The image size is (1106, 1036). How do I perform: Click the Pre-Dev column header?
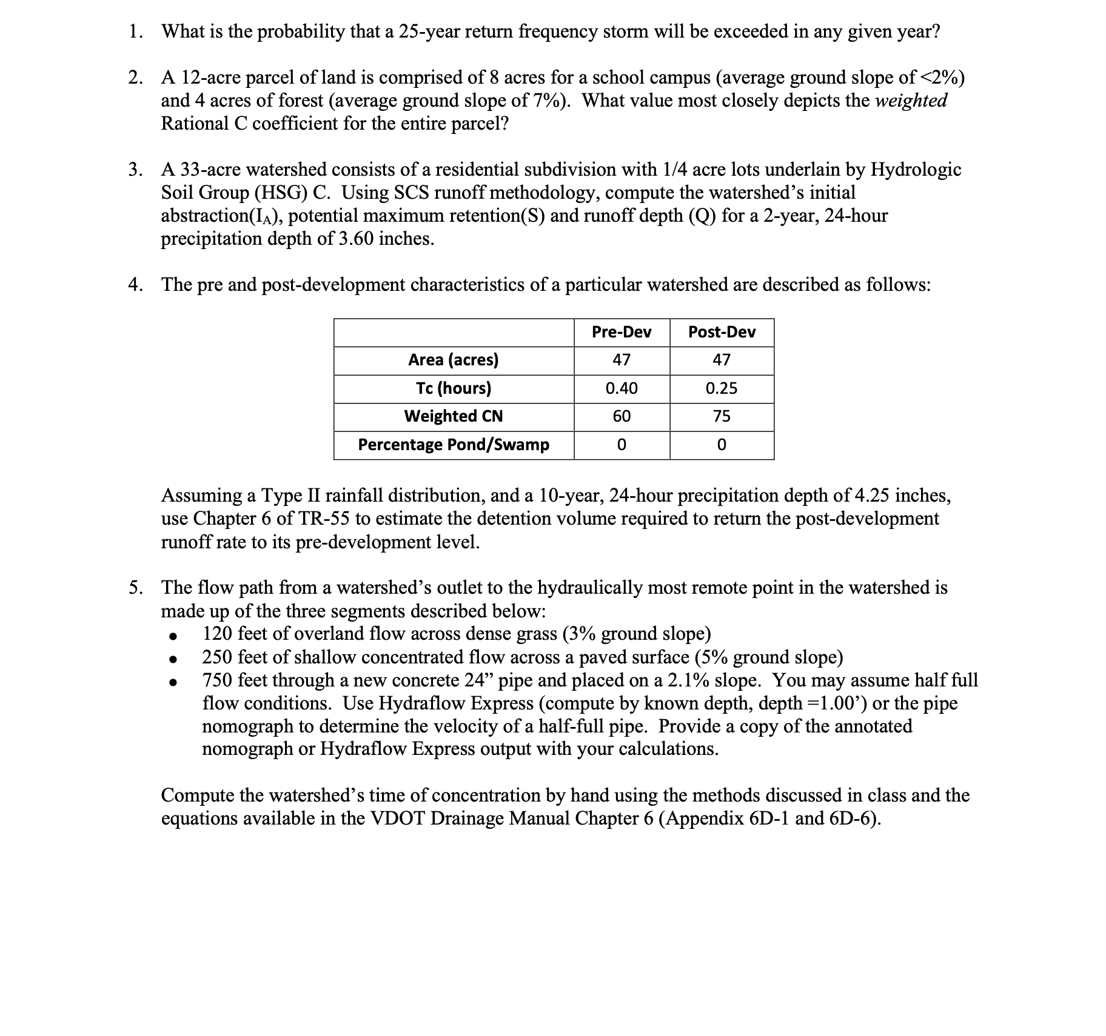pyautogui.click(x=622, y=332)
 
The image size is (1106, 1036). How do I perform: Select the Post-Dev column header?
pyautogui.click(x=722, y=332)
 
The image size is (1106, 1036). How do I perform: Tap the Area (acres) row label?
pyautogui.click(x=453, y=360)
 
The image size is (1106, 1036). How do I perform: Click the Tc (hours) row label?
pyautogui.click(x=453, y=388)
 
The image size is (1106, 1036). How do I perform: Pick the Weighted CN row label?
pyautogui.click(x=453, y=416)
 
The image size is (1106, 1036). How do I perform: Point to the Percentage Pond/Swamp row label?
pyautogui.click(x=453, y=445)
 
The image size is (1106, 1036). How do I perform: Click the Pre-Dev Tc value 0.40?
pyautogui.click(x=622, y=388)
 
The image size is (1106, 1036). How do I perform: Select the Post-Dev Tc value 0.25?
pyautogui.click(x=722, y=388)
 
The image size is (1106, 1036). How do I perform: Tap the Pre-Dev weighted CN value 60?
pyautogui.click(x=622, y=416)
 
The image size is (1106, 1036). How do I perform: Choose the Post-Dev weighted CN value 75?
pyautogui.click(x=722, y=416)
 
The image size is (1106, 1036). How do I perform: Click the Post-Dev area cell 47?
pyautogui.click(x=722, y=360)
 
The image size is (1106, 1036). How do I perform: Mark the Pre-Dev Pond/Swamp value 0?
pyautogui.click(x=622, y=445)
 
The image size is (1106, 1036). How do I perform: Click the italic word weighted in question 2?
pyautogui.click(x=911, y=101)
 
